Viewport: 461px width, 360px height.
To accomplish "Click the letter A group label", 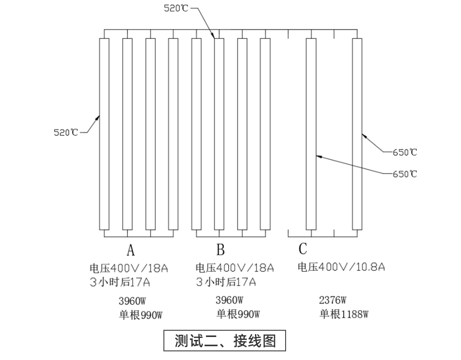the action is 131,250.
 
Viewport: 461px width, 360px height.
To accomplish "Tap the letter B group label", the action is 220,250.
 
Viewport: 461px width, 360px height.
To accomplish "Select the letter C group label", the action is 303,249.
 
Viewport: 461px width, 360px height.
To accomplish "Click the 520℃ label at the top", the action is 176,8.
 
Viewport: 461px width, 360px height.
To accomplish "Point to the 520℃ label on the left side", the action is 66,132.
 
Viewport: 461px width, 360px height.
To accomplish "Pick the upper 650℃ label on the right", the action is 405,152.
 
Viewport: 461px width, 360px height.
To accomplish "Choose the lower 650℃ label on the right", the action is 405,174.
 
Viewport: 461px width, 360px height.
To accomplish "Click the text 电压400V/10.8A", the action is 341,267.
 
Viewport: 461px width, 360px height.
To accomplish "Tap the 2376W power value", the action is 333,300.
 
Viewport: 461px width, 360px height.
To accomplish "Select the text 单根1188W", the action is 344,314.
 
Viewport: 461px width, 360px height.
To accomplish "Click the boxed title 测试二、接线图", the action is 225,341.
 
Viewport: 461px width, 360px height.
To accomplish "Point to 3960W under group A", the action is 132,301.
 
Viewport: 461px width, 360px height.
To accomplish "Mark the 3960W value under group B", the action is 230,300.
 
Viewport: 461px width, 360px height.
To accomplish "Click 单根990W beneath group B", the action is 238,314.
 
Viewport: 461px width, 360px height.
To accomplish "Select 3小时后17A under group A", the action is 120,282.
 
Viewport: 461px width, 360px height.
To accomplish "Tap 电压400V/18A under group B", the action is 235,268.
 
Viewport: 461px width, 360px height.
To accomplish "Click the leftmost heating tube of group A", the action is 104,134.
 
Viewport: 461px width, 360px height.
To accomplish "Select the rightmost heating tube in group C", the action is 357,134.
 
